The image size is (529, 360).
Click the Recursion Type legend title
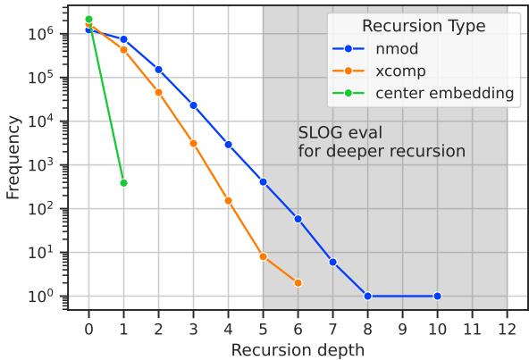[x=424, y=27]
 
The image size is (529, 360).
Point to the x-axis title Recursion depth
[x=298, y=349]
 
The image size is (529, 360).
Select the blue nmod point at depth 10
[x=437, y=296]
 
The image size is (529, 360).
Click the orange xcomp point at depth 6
[x=298, y=283]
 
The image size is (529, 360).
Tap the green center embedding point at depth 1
[x=123, y=182]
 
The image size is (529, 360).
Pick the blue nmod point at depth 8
[x=367, y=296]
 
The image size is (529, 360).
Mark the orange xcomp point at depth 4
[x=228, y=200]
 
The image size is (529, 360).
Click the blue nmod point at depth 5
[x=263, y=181]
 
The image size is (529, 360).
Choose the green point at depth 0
[x=88, y=19]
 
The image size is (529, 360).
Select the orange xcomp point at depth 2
[x=158, y=92]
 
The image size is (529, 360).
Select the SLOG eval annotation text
[x=382, y=143]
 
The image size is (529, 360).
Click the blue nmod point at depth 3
[x=193, y=105]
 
